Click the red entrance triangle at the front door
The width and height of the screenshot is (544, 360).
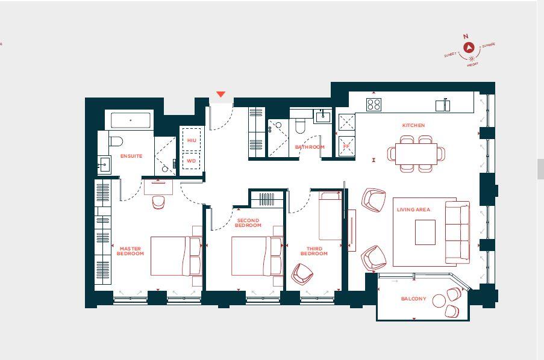220,95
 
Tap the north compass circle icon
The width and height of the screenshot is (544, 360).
469,46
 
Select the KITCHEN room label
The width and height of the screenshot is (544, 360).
413,125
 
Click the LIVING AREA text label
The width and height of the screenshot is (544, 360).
413,209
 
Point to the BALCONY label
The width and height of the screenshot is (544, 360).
413,299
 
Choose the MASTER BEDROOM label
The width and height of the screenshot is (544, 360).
131,251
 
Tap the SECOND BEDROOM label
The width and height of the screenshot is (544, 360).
248,223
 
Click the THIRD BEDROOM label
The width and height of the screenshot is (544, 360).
314,251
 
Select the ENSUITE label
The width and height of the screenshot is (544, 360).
131,156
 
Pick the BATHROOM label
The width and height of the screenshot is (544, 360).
310,147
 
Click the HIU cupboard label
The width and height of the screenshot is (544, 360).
192,140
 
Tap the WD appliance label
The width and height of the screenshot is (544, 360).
191,161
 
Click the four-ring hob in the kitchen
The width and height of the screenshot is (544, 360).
374,105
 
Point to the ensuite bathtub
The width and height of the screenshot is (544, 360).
131,120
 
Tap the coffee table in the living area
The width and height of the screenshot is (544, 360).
425,232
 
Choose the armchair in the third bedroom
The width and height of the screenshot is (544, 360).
302,275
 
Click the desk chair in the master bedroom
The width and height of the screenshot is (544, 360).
158,202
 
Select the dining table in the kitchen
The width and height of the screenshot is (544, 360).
416,154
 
